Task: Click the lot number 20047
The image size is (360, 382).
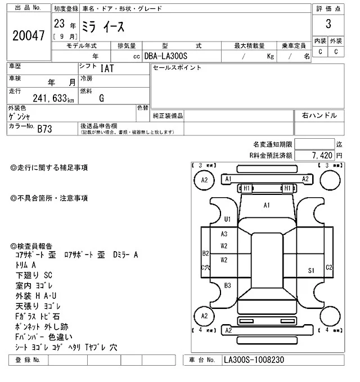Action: point(28,35)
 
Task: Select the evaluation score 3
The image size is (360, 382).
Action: point(327,24)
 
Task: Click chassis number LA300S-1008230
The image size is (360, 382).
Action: point(258,360)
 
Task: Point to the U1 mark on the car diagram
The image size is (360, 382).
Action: point(228,219)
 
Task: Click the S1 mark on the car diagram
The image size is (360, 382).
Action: point(310,270)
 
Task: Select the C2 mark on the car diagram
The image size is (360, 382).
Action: point(330,267)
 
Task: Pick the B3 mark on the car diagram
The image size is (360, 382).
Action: point(227,285)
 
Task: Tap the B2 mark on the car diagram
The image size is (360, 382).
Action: point(206,253)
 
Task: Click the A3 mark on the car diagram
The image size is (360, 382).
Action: point(224,234)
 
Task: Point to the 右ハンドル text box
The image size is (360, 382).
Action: point(319,116)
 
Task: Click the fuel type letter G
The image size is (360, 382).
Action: point(101,99)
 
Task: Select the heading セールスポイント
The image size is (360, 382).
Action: point(177,68)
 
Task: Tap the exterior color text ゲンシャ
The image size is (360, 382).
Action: point(21,116)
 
